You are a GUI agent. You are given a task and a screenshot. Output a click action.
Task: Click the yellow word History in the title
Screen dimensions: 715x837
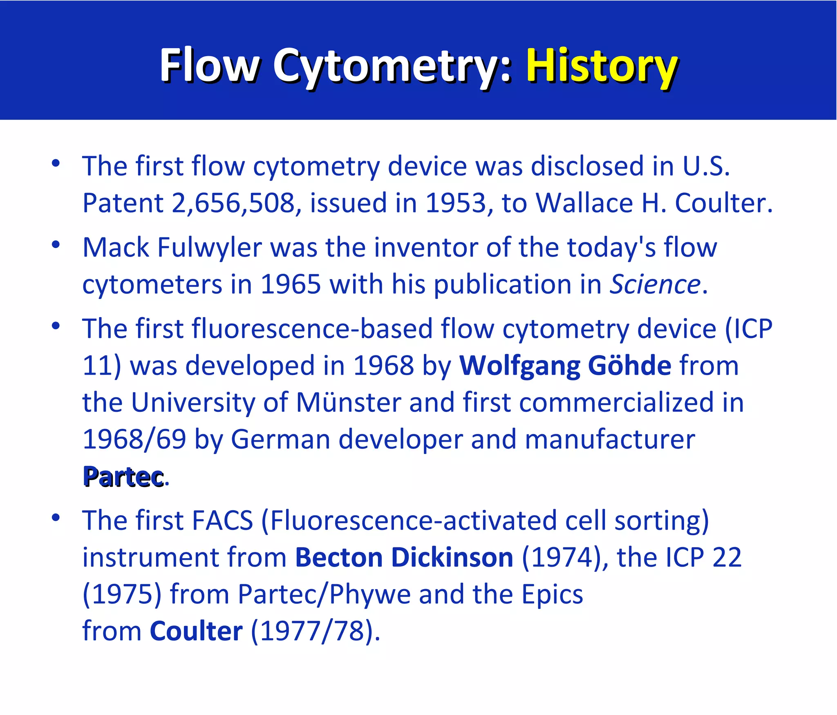(x=602, y=65)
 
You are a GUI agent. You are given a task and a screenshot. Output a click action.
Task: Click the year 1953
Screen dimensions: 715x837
(x=456, y=203)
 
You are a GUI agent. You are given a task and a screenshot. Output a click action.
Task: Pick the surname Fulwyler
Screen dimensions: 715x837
(x=210, y=248)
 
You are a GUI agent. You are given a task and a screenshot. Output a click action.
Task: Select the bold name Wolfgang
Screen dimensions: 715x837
(x=520, y=366)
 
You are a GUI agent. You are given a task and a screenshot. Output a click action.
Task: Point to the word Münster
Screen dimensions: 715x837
(x=349, y=402)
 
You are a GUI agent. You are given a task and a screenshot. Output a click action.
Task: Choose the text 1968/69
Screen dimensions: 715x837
(x=134, y=439)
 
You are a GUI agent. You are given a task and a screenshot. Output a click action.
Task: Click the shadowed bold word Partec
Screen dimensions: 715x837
(x=123, y=476)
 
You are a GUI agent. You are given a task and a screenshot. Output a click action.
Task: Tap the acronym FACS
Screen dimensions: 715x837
(x=222, y=521)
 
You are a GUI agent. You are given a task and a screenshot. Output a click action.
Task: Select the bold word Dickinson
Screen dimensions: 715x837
(x=452, y=557)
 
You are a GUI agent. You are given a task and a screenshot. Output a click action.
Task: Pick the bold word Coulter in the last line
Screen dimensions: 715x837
(x=196, y=631)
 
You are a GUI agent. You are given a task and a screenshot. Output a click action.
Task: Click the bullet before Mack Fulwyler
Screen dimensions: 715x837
(x=56, y=245)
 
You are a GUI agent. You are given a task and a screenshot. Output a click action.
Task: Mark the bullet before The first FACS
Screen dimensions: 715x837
(x=56, y=518)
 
